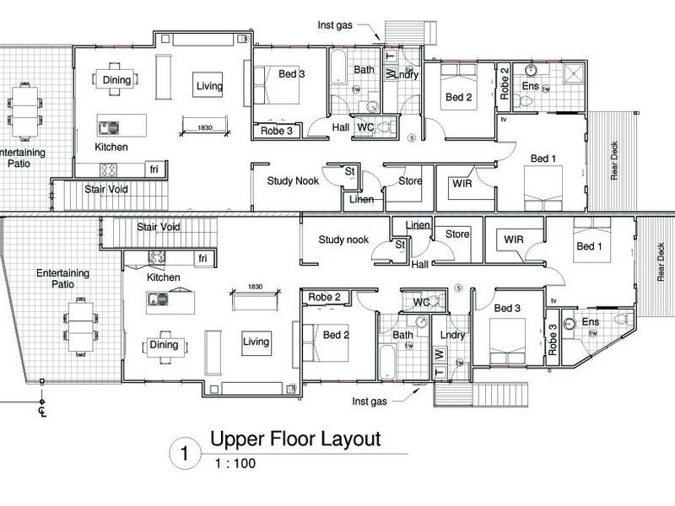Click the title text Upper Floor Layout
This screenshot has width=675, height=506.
pos(295,439)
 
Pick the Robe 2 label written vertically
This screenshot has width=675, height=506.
pos(505,83)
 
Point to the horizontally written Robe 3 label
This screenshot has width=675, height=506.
pos(276,131)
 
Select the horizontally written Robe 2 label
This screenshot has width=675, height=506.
pos(324,297)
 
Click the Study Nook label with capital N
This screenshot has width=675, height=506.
pos(293,180)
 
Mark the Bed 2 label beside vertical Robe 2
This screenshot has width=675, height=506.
pos(458,97)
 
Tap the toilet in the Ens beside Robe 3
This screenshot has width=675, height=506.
pos(623,319)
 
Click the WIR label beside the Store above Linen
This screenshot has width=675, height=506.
pos(514,240)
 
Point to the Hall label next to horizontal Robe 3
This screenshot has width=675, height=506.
pos(340,126)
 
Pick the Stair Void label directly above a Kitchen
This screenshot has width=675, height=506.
pos(159,227)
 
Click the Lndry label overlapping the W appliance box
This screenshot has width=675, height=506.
pos(408,73)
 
